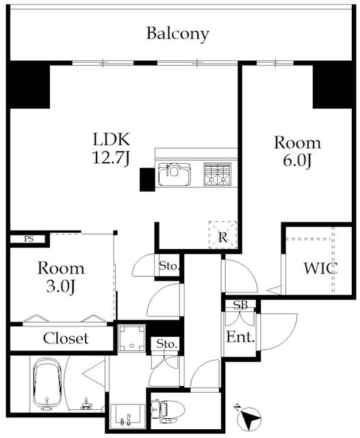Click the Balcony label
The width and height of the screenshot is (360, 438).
178,34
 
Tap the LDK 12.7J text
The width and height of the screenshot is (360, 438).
112,149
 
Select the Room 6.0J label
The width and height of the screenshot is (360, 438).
298,151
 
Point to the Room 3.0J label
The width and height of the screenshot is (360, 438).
61,277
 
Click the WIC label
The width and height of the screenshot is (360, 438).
320,268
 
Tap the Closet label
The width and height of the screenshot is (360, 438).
66,338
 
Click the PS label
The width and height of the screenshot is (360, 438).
29,239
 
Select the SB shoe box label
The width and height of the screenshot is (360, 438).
240,305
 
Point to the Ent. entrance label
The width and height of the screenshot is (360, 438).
240,337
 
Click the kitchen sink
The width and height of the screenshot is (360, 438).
175,175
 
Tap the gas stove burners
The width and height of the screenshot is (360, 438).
218,174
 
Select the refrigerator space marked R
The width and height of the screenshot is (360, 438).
223,235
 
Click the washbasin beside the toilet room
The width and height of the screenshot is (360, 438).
128,415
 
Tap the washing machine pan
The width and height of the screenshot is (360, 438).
131,339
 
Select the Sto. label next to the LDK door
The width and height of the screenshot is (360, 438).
168,266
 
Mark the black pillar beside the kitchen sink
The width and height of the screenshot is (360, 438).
147,179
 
